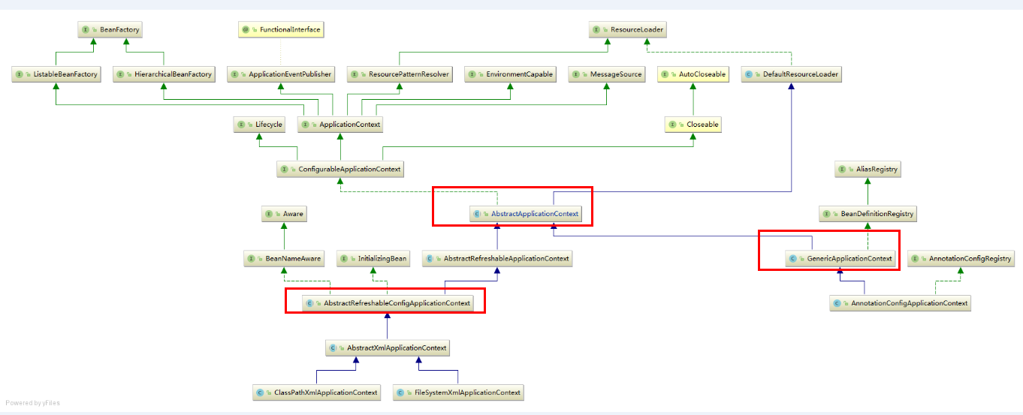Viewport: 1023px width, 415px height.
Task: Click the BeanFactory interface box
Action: pos(110,30)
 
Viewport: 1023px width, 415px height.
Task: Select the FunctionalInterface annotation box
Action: pos(280,30)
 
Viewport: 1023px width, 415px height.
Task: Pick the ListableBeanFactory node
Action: pos(56,74)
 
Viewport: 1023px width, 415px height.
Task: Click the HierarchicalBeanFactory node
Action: pos(164,74)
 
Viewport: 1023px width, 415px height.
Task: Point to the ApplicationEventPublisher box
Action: pos(281,74)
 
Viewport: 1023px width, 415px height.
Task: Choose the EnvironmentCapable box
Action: pos(511,74)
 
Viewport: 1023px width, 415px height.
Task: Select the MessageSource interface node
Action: pos(607,74)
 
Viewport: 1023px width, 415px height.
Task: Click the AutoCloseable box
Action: pos(693,74)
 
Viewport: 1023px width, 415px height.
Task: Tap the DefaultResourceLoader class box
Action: pos(791,74)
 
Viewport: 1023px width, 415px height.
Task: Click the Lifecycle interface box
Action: pos(259,125)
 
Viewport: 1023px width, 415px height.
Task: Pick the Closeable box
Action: pos(693,125)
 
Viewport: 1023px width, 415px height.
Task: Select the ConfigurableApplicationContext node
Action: pos(340,170)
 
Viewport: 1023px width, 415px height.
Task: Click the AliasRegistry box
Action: pos(868,170)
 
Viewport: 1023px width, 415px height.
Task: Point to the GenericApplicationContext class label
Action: pos(849,259)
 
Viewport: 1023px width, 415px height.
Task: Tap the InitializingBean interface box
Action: pos(373,259)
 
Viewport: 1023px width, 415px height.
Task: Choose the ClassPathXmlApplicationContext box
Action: pos(316,392)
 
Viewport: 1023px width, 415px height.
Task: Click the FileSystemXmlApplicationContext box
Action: pos(457,392)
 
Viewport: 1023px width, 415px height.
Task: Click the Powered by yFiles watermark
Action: pos(32,403)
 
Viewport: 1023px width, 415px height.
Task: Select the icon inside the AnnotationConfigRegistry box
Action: pos(916,259)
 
